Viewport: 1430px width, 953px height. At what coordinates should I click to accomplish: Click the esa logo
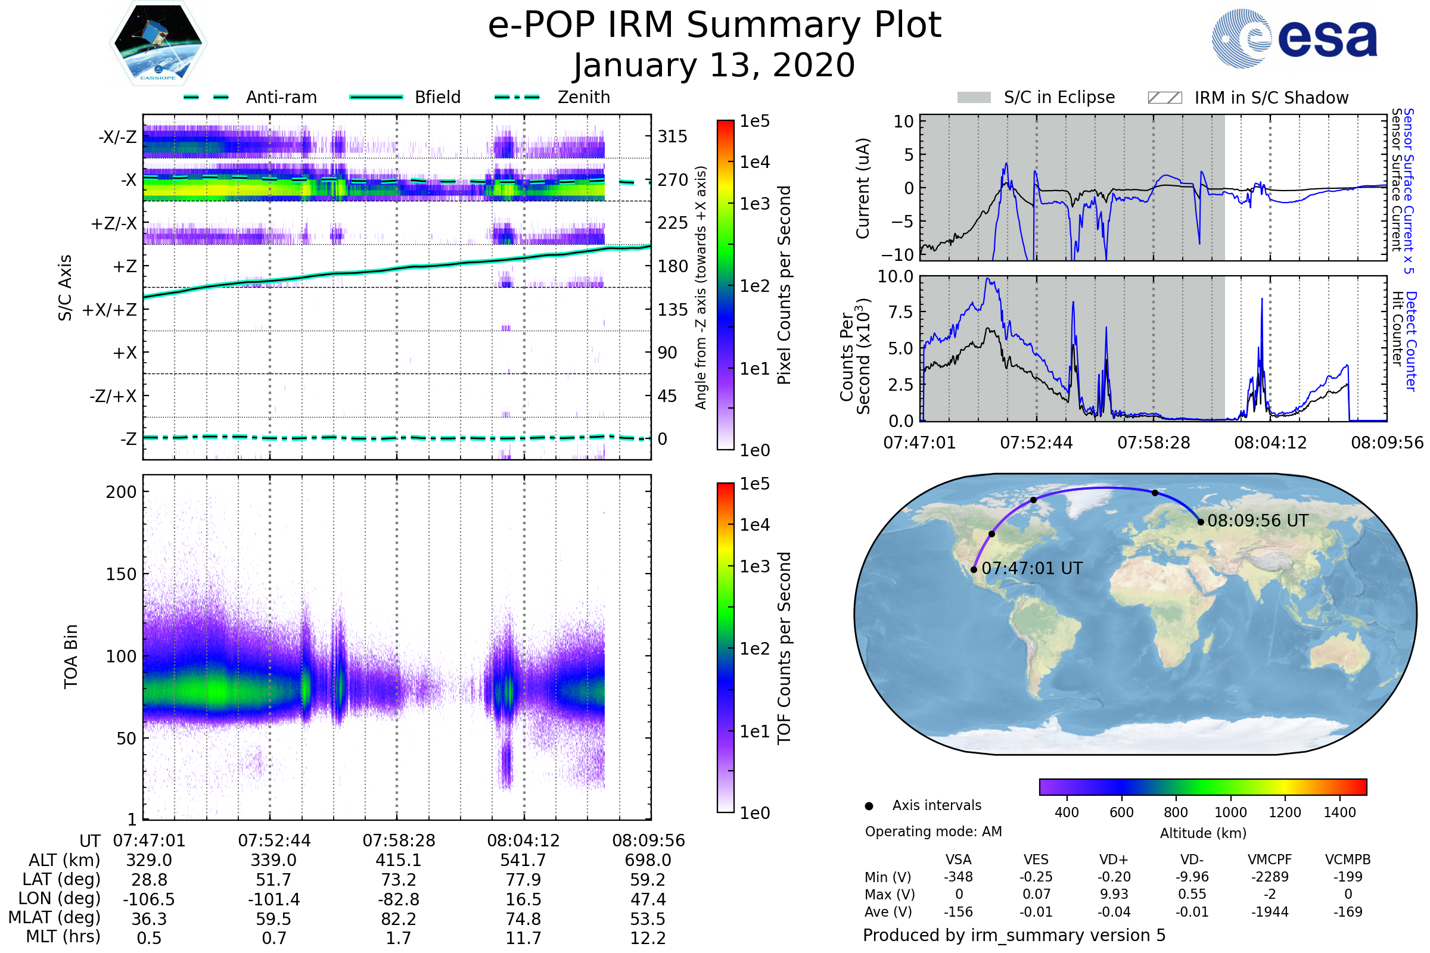point(1295,38)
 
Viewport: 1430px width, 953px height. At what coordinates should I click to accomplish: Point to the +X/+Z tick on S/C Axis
point(110,310)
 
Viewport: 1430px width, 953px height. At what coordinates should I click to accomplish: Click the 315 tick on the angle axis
point(673,136)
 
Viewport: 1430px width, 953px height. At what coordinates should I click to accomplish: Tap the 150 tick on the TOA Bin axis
point(121,574)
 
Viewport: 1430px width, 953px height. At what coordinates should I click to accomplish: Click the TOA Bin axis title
point(70,656)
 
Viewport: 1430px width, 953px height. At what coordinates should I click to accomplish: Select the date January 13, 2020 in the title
point(714,66)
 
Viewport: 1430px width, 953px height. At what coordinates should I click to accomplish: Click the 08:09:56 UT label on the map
point(1257,521)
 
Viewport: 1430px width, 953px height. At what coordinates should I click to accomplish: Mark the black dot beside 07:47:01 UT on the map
point(974,569)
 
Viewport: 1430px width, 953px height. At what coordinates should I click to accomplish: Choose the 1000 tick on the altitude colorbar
point(1230,812)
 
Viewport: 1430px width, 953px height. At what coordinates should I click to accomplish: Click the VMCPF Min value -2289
point(1270,877)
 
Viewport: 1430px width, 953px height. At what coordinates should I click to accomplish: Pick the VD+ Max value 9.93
point(1114,894)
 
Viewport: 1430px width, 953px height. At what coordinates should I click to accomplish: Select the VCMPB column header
point(1348,859)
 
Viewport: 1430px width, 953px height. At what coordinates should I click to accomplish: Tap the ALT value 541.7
point(524,861)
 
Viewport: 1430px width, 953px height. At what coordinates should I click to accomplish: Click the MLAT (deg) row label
point(54,918)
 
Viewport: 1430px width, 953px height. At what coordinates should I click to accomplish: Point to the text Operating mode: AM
point(933,831)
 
